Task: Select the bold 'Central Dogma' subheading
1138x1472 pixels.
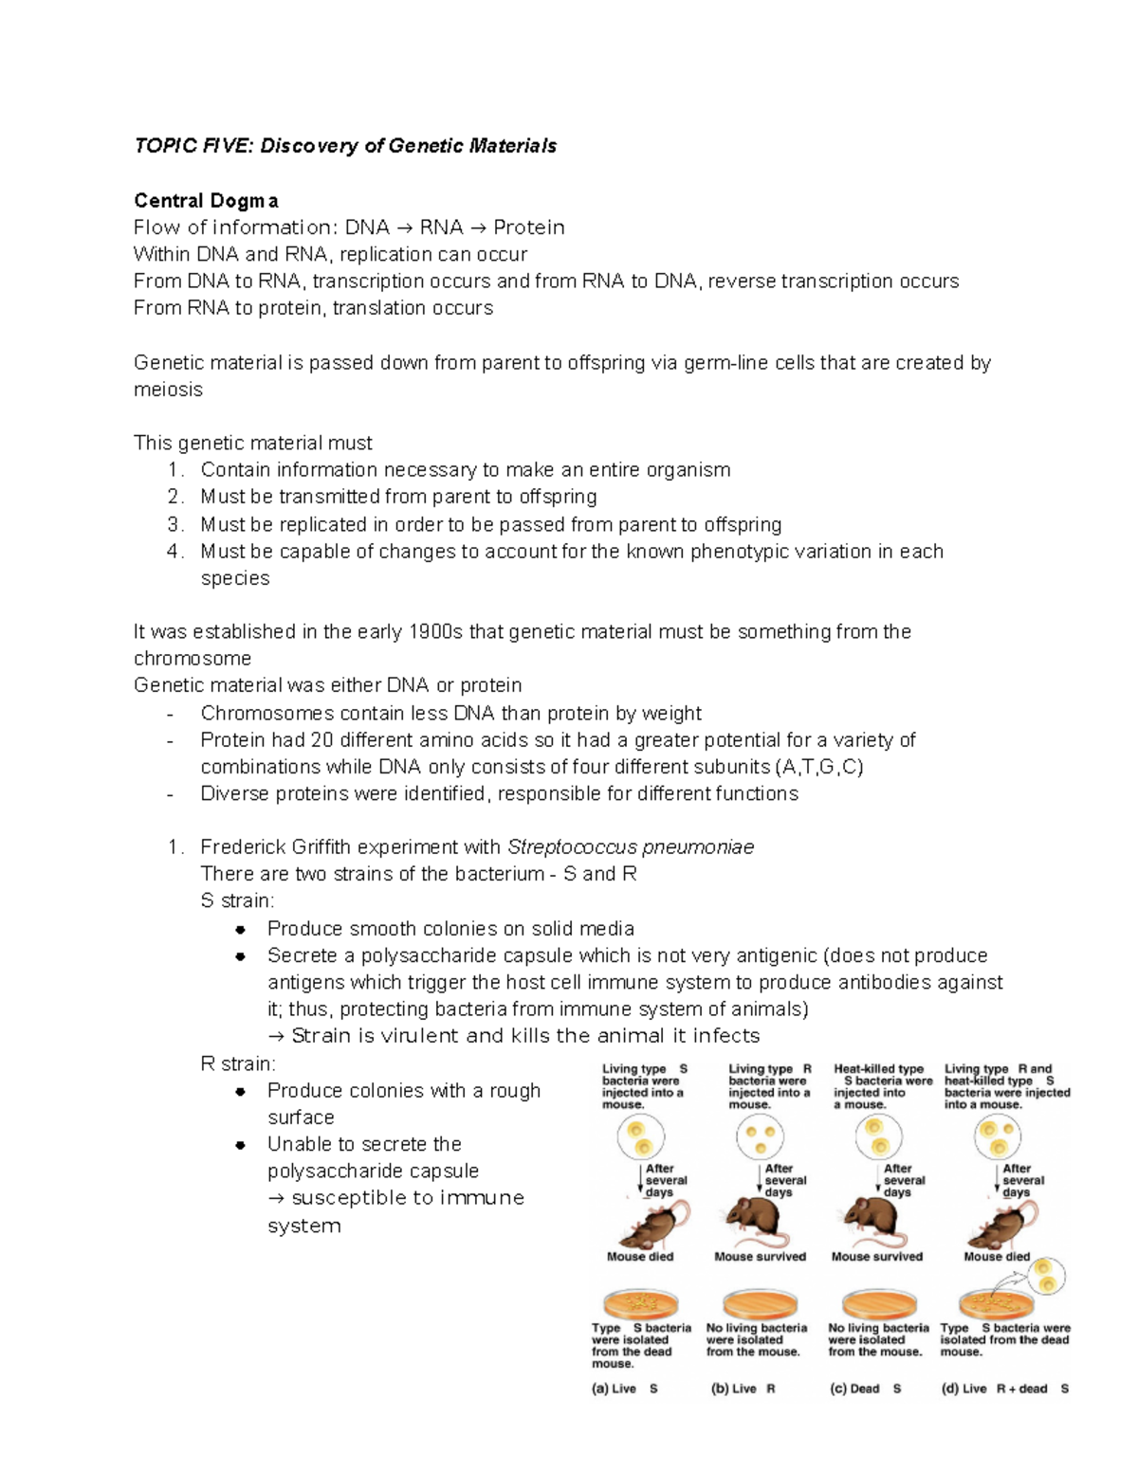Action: click(206, 201)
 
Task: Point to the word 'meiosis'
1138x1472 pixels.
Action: click(168, 390)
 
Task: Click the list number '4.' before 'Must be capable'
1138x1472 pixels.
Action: click(174, 552)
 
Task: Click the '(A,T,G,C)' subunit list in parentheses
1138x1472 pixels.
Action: click(818, 767)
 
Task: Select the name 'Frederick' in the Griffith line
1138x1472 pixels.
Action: click(244, 847)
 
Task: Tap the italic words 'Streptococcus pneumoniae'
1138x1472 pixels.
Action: click(631, 847)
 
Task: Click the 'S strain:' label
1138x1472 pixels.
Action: click(237, 901)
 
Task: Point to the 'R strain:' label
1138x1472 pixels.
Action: click(238, 1063)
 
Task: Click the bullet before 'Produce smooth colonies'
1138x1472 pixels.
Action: click(241, 929)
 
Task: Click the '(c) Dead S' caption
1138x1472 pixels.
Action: click(865, 1389)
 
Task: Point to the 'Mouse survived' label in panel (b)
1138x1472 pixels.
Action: click(760, 1257)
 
